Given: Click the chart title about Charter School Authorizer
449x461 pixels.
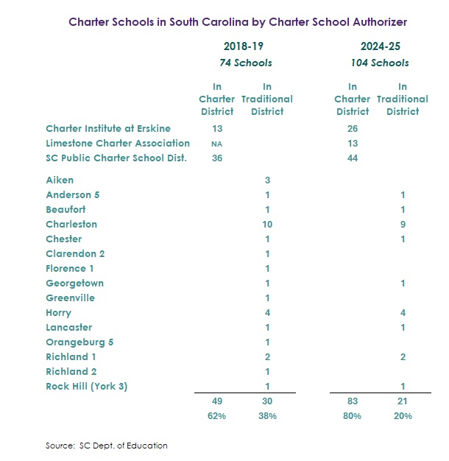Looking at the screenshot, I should (237, 22).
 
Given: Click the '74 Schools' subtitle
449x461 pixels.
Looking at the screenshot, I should (245, 63).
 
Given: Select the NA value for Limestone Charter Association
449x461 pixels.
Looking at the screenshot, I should (216, 144).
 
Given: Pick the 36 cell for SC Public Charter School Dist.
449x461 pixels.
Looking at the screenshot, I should (216, 158).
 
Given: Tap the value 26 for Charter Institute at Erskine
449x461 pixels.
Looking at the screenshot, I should (352, 129).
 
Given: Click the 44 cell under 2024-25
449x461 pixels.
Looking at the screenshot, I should (352, 158).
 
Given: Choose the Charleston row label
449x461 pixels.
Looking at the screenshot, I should (71, 225).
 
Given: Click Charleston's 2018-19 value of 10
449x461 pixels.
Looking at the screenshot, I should (266, 225).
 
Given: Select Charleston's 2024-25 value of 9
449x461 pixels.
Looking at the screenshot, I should (403, 225).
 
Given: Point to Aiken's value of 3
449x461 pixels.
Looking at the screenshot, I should (266, 180).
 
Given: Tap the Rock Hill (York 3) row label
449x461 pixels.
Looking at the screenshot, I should (86, 387).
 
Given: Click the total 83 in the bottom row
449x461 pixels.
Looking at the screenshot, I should (352, 401).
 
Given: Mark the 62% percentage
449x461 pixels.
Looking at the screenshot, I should (216, 416).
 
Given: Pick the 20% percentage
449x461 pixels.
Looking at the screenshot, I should (403, 416).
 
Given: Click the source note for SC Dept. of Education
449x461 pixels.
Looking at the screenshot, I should (106, 446).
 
